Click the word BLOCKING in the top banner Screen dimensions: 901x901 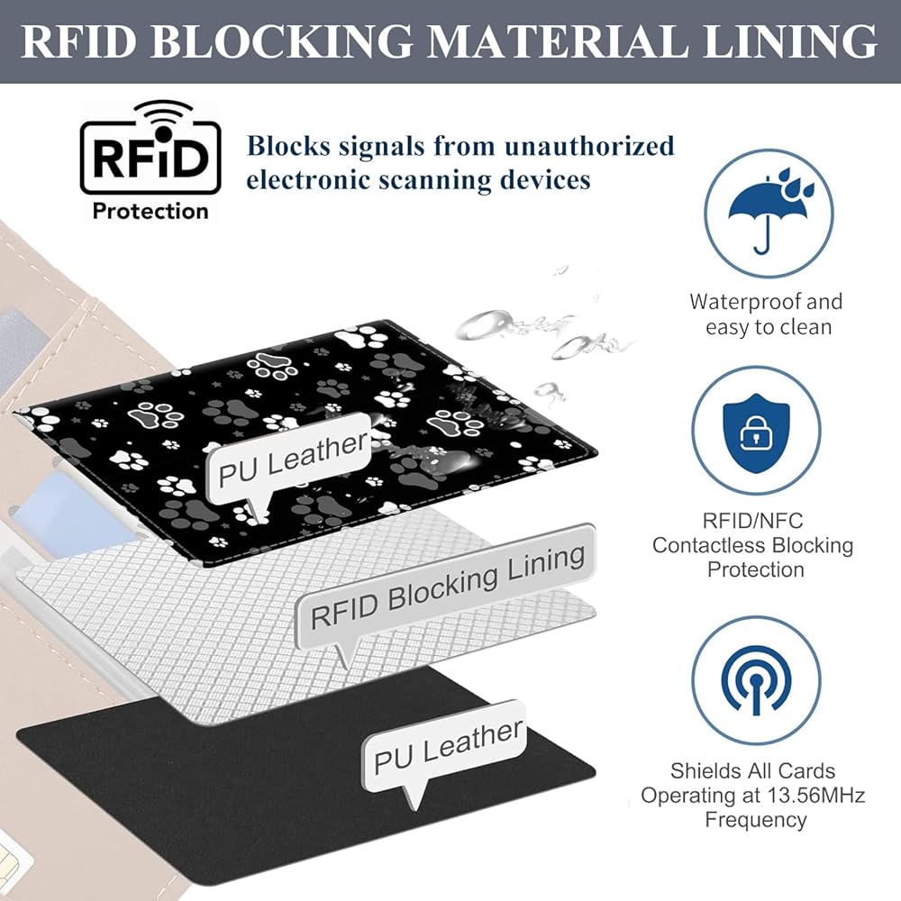tap(281, 41)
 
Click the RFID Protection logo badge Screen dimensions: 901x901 tap(150, 161)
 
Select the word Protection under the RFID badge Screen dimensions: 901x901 tap(150, 212)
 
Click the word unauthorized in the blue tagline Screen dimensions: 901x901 tap(589, 146)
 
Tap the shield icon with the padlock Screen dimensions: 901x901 tap(756, 433)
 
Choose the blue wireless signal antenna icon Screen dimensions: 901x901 tap(756, 680)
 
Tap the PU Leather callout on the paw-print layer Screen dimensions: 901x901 tap(292, 460)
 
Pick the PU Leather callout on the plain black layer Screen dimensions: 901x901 tap(448, 747)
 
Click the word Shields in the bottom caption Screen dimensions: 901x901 tap(702, 771)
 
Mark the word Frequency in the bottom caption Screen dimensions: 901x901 tap(756, 820)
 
